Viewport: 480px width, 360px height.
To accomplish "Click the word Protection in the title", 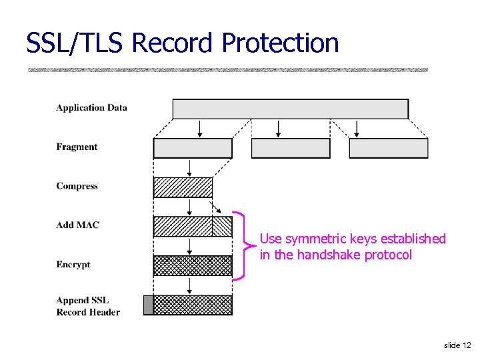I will click(280, 43).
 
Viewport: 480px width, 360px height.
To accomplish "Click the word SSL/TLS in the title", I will click(75, 43).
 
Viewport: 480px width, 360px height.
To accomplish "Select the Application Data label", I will click(91, 107).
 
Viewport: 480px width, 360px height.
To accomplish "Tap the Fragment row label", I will click(77, 147).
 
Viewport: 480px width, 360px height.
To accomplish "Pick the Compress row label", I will click(77, 186).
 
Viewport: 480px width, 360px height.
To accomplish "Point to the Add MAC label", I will click(77, 225).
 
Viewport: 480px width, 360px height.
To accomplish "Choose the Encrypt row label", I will click(73, 265).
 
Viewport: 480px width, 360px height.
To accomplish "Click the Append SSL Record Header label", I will click(88, 306).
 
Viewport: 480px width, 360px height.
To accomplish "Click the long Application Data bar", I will click(290, 109).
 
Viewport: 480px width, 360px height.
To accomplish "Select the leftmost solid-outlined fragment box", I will click(193, 148).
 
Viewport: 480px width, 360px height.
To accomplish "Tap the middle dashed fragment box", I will click(291, 148).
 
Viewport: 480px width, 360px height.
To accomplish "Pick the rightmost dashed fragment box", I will click(388, 148).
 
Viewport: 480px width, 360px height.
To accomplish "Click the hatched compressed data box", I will click(183, 187).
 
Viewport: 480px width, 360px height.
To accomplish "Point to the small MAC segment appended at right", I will click(222, 227).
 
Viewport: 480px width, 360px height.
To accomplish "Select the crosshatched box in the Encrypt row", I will click(193, 266).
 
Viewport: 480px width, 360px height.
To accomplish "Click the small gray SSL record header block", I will click(148, 305).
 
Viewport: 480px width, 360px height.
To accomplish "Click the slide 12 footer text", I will click(457, 345).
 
